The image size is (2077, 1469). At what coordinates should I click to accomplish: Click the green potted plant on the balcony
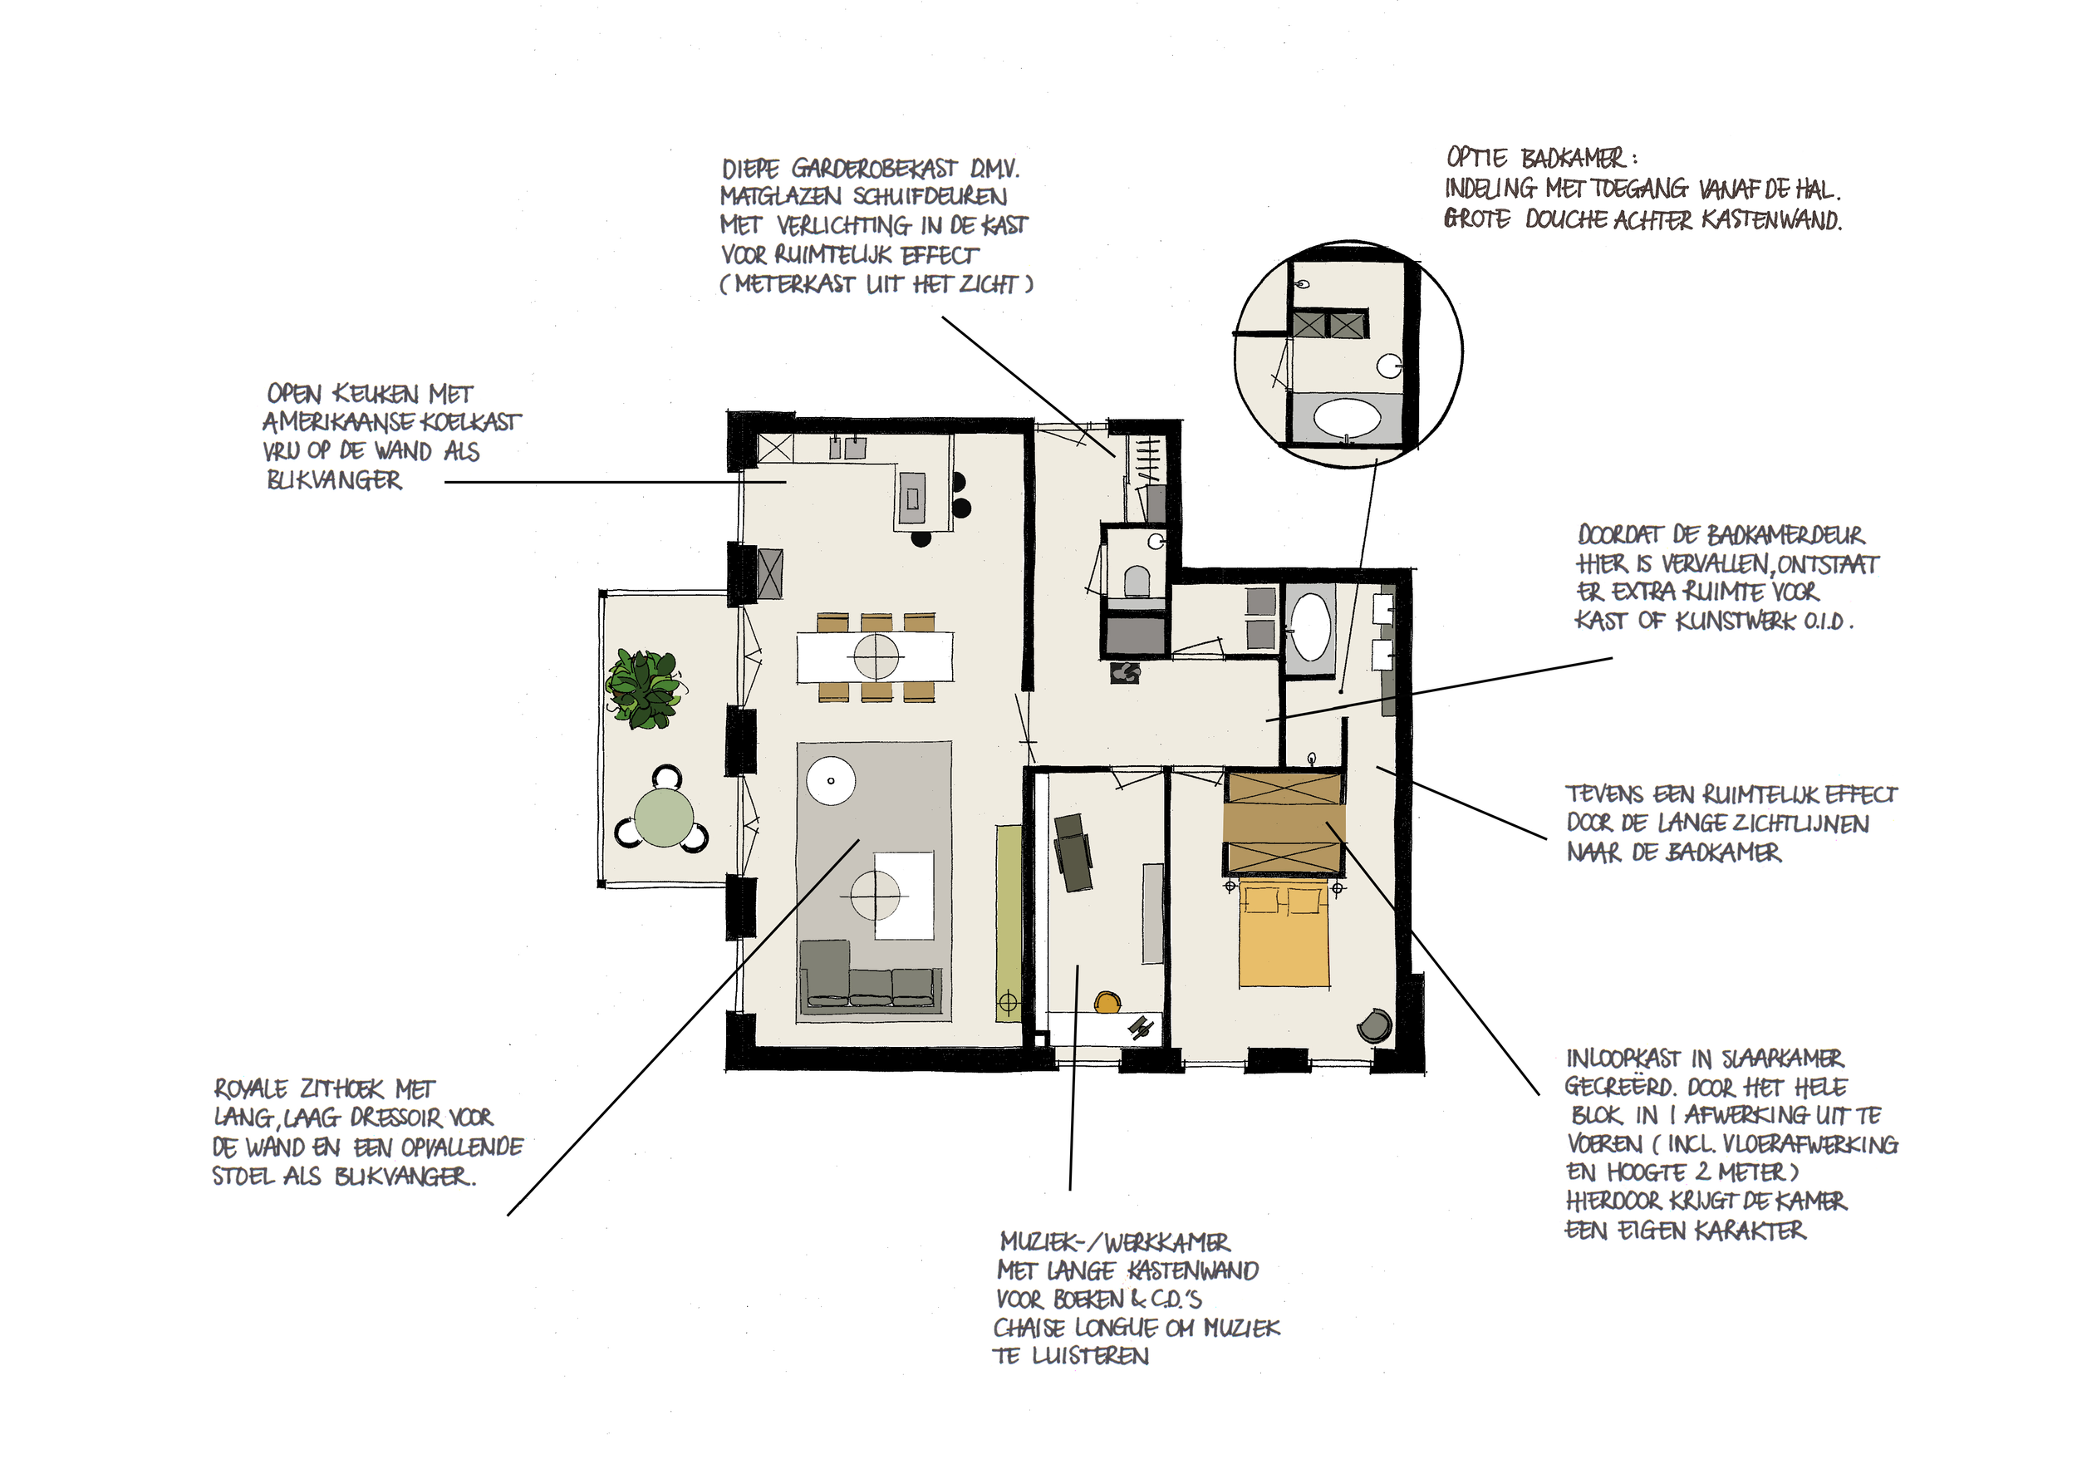644,688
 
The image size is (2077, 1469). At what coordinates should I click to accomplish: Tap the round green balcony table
663,817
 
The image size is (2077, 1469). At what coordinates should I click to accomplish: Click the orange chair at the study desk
1107,1002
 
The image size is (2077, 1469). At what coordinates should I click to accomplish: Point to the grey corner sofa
869,977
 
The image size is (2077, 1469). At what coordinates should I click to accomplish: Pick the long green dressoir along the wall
1008,924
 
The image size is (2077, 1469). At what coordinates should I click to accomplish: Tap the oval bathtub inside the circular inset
1347,419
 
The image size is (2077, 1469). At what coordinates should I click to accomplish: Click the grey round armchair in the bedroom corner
1374,1026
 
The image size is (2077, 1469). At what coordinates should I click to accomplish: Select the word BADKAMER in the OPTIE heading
1574,160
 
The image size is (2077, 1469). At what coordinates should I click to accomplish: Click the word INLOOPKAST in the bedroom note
1623,1059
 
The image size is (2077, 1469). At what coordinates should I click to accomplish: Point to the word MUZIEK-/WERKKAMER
1114,1242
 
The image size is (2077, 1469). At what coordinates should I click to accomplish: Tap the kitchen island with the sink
912,499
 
